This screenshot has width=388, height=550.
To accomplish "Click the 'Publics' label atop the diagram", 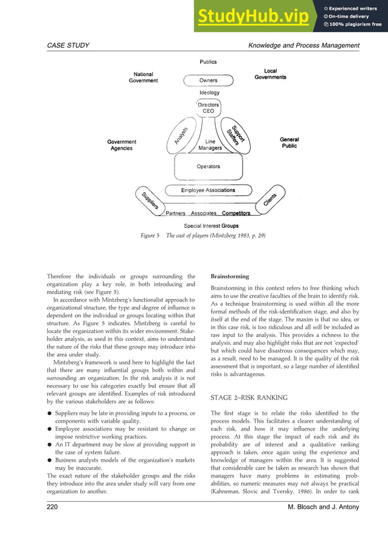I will coord(208,62).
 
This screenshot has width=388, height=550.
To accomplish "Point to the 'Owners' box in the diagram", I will coord(208,80).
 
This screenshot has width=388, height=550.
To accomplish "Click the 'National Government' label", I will coord(143,77).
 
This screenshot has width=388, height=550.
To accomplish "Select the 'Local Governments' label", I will coord(270,74).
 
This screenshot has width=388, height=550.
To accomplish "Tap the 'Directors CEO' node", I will coord(208,108).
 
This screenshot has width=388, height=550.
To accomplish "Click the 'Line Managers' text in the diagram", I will coord(210,145).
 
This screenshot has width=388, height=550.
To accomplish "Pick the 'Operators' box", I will coord(208,166).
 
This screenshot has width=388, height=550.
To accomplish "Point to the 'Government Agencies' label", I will coord(122,145).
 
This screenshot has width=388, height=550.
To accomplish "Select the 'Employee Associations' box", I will coord(208,191).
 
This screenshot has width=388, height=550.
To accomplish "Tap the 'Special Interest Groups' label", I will coord(211,226).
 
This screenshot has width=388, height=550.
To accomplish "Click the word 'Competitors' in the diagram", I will coord(236,214).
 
